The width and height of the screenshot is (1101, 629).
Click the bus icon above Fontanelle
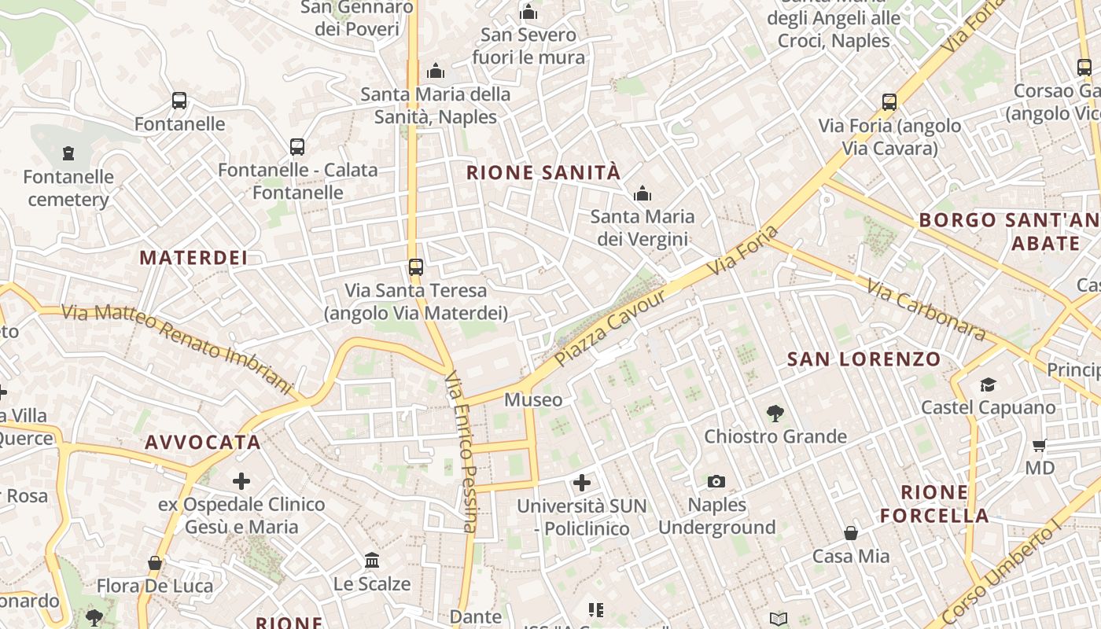coord(179,101)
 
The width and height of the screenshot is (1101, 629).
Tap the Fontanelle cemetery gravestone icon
coord(68,153)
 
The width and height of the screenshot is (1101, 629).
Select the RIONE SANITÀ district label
coord(543,173)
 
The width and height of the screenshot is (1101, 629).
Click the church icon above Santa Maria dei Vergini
coord(643,193)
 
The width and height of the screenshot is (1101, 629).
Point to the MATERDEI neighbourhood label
coord(193,257)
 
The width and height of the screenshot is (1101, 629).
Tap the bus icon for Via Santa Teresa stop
coord(416,267)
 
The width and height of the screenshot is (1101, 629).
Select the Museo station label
coord(533,399)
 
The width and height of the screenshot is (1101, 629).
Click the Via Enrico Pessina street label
coord(462,452)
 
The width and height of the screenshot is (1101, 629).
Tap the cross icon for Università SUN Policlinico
coord(582,482)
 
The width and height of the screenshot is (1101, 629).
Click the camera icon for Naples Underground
coord(716,481)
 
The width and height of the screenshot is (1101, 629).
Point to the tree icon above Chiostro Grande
coord(775,413)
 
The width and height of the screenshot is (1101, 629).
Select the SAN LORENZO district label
coord(863,359)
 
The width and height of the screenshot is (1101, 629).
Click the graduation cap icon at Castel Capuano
coord(988,384)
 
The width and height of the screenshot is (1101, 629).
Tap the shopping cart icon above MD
coord(1039,446)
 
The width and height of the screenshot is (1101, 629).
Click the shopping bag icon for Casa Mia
coord(851,533)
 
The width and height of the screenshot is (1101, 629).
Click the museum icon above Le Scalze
coord(372,561)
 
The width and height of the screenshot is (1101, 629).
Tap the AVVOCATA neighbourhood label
coord(203,442)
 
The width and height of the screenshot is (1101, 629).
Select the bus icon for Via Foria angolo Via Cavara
coord(889,102)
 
